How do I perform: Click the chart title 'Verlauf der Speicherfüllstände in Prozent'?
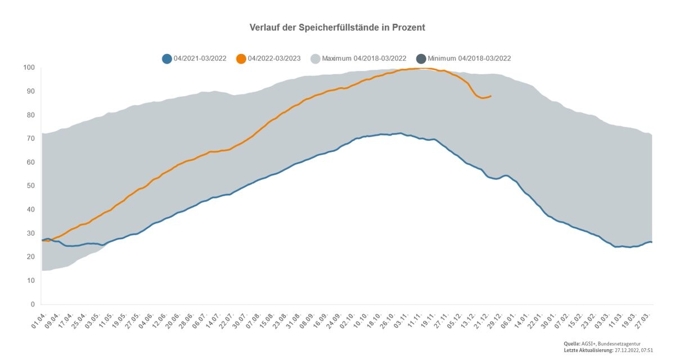pos(337,28)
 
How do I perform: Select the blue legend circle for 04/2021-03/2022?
pos(167,58)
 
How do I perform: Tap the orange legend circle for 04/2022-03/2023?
pos(241,58)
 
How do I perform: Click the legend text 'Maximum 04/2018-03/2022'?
pos(364,58)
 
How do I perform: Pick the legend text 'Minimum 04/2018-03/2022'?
pos(469,58)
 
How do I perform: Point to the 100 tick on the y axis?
pos(29,67)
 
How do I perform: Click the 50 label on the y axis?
pos(31,186)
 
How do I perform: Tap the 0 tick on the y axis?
pos(33,304)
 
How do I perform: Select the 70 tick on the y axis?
pos(31,138)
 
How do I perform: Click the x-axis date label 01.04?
pos(39,321)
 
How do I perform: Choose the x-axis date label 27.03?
pos(645,321)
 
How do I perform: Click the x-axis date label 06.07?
pos(200,321)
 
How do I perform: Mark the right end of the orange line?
pos(491,96)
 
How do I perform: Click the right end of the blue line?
pos(652,242)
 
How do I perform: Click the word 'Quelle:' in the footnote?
pos(571,344)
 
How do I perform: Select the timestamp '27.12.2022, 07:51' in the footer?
pos(634,350)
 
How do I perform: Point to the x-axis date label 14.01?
pos(522,321)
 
